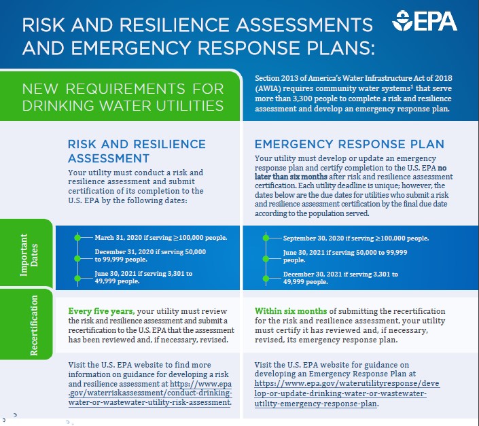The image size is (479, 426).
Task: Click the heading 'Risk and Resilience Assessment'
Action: point(137,151)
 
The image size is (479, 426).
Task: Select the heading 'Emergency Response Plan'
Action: point(349,144)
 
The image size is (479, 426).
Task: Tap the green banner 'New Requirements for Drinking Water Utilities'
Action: point(123,97)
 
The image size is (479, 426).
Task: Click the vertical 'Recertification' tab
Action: point(33,325)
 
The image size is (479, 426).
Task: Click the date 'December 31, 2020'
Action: point(126,252)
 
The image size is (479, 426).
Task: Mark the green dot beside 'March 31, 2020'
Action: point(77,237)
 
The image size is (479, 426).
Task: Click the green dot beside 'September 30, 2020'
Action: point(266,238)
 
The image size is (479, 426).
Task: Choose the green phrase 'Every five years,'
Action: point(100,310)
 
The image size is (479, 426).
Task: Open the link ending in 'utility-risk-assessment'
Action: point(150,393)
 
